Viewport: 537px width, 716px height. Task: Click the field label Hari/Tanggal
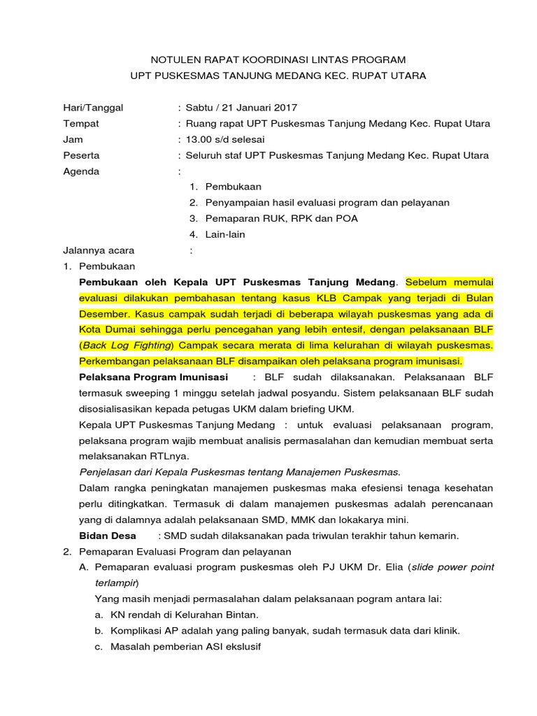[93, 108]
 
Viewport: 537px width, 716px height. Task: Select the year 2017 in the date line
[285, 108]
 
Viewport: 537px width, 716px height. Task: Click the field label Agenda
[81, 171]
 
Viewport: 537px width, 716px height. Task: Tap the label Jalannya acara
[99, 250]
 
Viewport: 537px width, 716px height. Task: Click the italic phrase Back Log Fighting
[127, 345]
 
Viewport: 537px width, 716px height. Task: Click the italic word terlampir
[115, 583]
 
